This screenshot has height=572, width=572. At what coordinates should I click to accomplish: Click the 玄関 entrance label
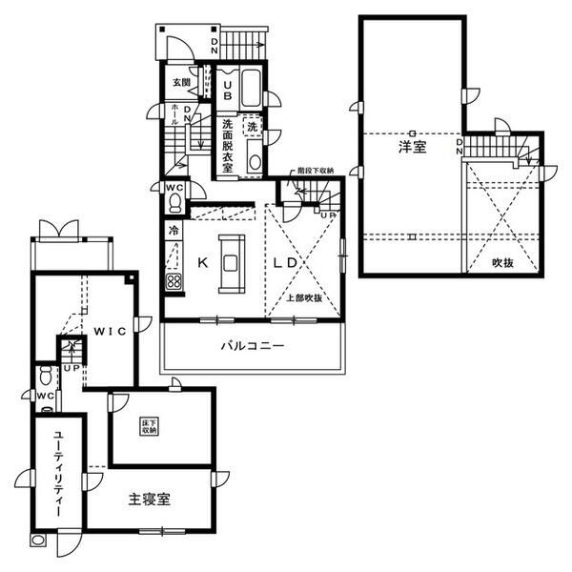point(180,83)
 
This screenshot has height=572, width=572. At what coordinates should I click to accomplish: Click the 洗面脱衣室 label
point(228,146)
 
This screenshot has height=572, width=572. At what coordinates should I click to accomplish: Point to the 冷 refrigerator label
point(174,231)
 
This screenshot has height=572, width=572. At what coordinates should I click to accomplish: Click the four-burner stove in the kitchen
point(174,281)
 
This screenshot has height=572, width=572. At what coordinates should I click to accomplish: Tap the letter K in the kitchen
point(203,258)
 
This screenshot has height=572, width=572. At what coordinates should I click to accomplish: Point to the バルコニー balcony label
point(253,346)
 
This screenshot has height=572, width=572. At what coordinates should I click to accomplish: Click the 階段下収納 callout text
point(315,170)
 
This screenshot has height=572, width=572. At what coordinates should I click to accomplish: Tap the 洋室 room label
point(412,148)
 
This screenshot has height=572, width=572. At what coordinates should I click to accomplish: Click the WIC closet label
point(111,331)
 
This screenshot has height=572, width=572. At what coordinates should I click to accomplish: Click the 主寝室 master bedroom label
point(148,499)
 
